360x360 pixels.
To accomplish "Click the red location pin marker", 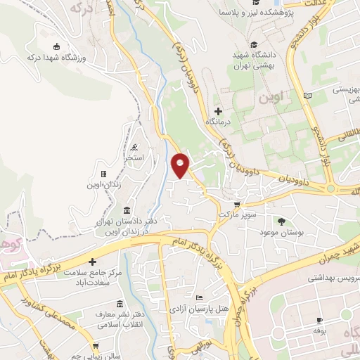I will tap(181, 165).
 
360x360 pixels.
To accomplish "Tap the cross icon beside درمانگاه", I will tap(218, 110).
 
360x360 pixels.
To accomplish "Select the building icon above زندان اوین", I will tap(103, 173).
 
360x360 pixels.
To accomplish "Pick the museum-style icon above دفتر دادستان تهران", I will tap(126, 210).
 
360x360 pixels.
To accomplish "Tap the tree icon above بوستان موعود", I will tap(281, 221).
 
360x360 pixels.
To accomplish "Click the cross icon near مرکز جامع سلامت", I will tap(93, 262).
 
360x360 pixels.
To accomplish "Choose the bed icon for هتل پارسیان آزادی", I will tap(199, 297).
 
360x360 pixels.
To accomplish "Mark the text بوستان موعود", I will tap(281, 231).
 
